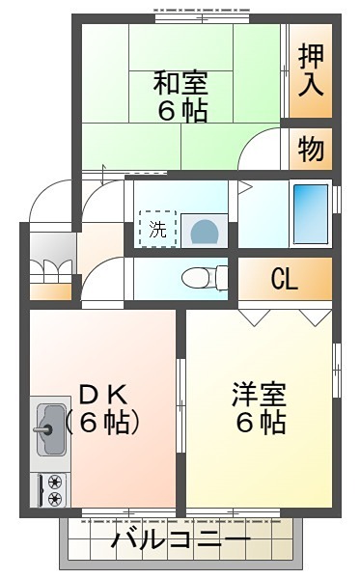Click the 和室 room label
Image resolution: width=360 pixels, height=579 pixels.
tap(180, 83)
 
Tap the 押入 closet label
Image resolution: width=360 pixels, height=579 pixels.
tap(311, 70)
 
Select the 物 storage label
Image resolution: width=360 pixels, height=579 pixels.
tap(312, 150)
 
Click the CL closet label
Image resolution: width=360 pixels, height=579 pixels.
tap(285, 279)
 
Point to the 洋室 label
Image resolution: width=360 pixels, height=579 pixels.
tap(259, 395)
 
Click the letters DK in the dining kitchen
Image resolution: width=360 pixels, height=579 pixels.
tap(104, 395)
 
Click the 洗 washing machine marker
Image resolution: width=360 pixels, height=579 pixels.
tap(158, 229)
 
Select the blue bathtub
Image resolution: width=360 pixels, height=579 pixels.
tap(311, 214)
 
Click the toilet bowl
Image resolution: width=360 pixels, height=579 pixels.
tap(205, 278)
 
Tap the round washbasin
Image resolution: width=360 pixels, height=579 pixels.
tap(205, 231)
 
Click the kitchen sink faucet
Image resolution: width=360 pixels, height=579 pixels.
tap(43, 429)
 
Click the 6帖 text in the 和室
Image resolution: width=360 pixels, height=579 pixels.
tap(182, 110)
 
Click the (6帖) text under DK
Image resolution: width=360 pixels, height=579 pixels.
tap(103, 422)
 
